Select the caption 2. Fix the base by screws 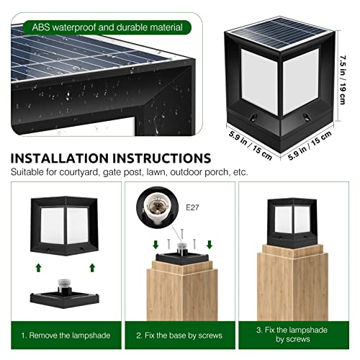coord(179,335)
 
